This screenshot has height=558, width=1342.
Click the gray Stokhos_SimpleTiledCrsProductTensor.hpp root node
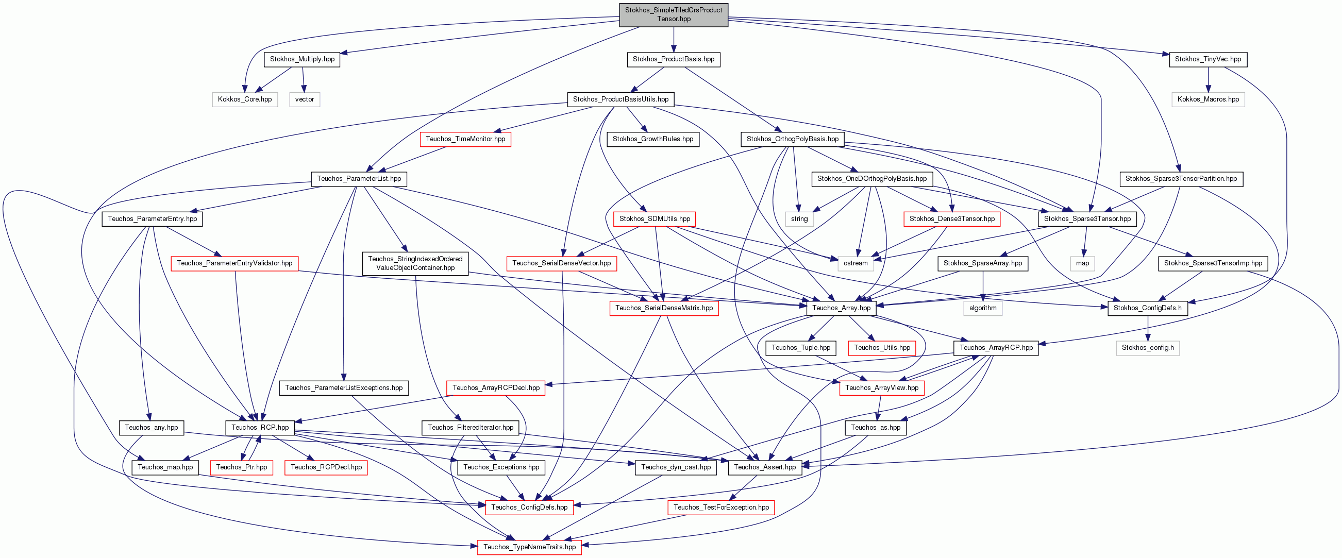[x=674, y=14]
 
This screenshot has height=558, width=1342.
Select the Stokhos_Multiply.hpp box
[x=302, y=59]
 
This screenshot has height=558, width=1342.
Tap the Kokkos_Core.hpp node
[x=245, y=99]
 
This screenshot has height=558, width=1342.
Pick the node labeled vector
[x=305, y=99]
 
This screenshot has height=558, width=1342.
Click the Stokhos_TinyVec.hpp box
[x=1208, y=59]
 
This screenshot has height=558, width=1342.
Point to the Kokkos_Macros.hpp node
[x=1208, y=99]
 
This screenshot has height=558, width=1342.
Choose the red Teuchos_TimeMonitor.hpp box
[x=465, y=139]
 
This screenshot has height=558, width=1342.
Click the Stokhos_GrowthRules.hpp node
[x=653, y=139]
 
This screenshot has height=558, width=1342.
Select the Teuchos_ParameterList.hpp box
[x=359, y=179]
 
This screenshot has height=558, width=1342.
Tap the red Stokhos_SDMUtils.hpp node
[x=655, y=219]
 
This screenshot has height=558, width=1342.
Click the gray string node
[x=799, y=219]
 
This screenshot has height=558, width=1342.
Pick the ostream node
[x=856, y=263]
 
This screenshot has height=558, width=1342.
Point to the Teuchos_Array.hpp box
[x=842, y=308]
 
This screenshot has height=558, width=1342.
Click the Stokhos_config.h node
[x=1148, y=347]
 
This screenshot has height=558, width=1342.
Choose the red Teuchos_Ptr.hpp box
[x=241, y=467]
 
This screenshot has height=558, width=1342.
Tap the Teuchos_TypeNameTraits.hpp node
[x=529, y=547]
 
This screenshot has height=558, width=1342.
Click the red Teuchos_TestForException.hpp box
[x=721, y=508]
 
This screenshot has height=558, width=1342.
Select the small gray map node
[x=1083, y=263]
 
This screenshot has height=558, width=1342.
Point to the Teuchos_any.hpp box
[x=151, y=428]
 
